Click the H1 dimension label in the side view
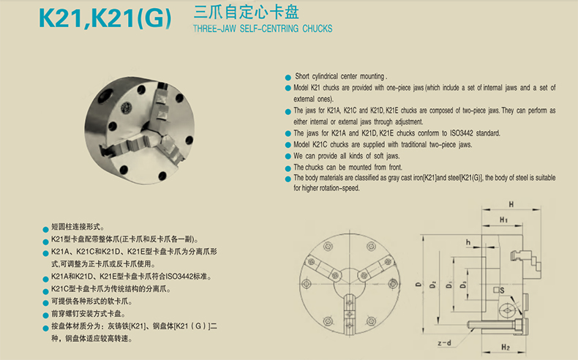point(503,220)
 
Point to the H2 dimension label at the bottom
point(506,347)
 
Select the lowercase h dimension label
point(468,242)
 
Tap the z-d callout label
point(445,342)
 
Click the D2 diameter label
point(432,285)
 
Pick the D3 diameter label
point(463,285)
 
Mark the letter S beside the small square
point(502,290)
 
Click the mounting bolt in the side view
point(497,325)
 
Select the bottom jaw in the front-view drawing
point(349,310)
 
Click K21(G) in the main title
point(132,18)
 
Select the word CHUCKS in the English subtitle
point(318,29)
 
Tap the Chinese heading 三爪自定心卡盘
point(247,12)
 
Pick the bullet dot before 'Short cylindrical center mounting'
point(288,78)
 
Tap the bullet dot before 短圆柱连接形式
point(45,229)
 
